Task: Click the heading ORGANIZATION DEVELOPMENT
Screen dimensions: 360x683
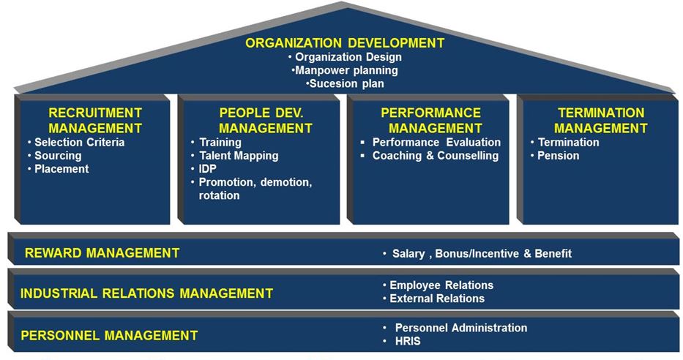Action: (345, 43)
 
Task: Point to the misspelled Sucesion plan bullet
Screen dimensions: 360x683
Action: (346, 83)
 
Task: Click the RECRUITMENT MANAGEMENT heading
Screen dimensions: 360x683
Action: (94, 121)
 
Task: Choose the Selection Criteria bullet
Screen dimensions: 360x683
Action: (79, 142)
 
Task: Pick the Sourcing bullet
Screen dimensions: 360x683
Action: (58, 155)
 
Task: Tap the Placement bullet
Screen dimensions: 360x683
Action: (61, 168)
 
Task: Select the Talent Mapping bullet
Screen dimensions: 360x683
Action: (239, 155)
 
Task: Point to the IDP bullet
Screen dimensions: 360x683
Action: (208, 168)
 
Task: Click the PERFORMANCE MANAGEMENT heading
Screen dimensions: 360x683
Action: (430, 121)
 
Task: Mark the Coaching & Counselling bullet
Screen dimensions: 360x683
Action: (435, 155)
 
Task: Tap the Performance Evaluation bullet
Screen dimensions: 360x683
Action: (436, 142)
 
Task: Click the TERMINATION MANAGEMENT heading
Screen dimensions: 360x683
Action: (600, 121)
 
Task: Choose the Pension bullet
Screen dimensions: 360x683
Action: (558, 155)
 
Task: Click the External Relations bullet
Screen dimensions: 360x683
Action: (437, 298)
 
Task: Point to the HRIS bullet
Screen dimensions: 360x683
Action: (406, 341)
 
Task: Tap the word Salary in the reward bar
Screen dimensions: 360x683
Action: (408, 253)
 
